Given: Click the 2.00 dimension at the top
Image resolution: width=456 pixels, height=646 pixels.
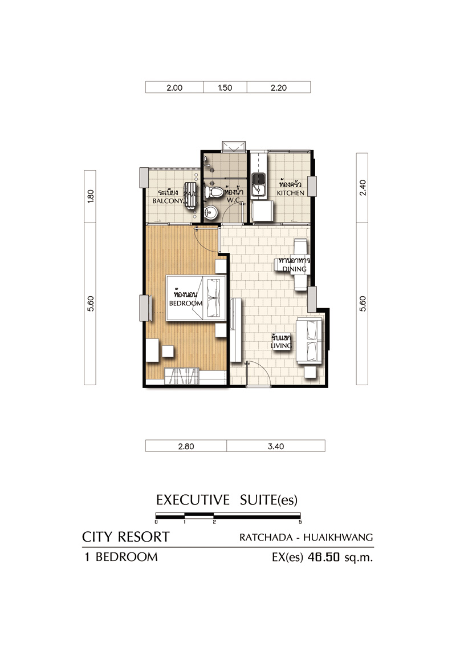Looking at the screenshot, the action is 174,88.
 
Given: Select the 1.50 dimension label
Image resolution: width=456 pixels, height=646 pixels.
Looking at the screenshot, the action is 225,88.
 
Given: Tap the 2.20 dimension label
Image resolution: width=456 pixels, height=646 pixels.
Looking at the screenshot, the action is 279,88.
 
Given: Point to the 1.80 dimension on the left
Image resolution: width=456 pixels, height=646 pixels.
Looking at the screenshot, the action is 91,196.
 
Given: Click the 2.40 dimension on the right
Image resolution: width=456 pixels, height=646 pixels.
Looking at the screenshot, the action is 363,188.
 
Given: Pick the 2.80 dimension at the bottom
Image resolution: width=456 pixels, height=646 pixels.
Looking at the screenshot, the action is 186,446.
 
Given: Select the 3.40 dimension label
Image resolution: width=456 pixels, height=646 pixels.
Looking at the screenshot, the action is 276,446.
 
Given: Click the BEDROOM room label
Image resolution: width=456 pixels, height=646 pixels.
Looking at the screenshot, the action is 186,303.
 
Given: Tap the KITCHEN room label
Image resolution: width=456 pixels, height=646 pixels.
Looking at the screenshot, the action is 291,193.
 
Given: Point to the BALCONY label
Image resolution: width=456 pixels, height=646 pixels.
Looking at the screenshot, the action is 168,201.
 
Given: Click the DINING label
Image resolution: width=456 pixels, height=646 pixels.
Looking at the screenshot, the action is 294,269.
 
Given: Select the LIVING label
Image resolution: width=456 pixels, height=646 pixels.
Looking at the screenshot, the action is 281,346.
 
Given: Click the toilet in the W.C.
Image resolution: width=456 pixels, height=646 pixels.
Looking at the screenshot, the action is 214,192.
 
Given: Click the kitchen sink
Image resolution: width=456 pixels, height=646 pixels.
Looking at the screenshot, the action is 258,184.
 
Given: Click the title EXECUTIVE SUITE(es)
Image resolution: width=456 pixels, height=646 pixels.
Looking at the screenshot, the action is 227,500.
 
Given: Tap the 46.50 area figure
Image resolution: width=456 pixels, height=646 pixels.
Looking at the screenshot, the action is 324,557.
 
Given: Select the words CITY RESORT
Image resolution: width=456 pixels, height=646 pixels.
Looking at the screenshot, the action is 126,537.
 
